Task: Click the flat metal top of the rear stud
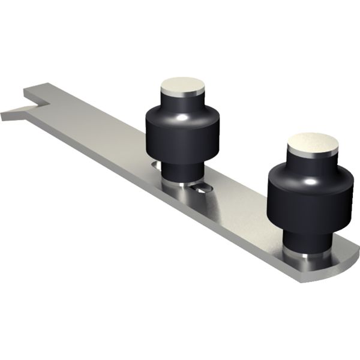(x=182, y=84)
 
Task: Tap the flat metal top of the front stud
(x=312, y=142)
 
